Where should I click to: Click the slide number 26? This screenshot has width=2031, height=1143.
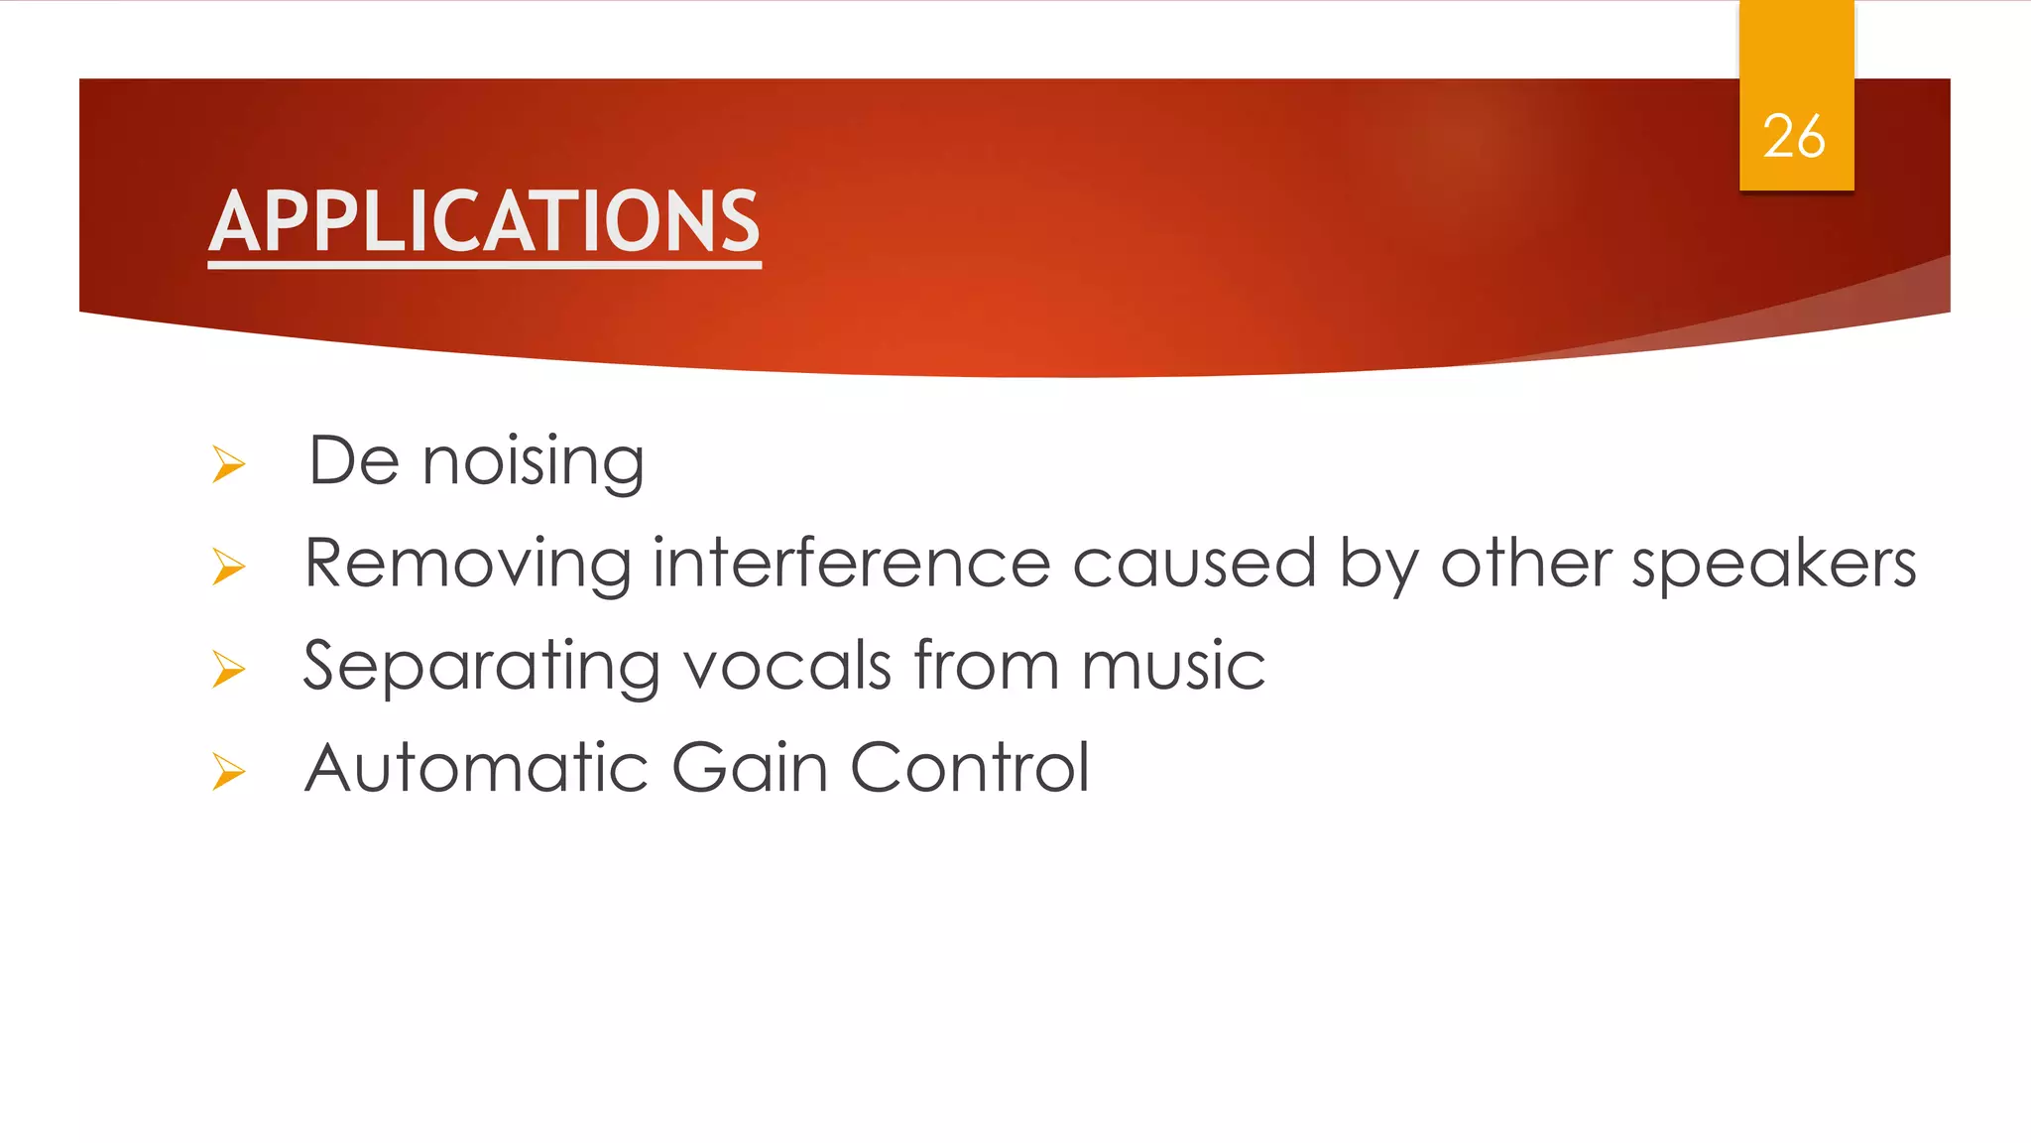(1793, 137)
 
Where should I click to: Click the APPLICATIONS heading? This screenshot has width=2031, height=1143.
(484, 222)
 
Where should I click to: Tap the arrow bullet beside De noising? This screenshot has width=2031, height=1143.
(228, 464)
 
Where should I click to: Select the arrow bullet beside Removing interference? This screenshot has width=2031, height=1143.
(228, 567)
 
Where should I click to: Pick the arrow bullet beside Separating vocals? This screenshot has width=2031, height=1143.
(228, 669)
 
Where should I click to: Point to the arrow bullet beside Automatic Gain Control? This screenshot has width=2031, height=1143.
(228, 771)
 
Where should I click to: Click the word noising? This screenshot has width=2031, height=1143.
(533, 462)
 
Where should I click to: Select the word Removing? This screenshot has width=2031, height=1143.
(467, 565)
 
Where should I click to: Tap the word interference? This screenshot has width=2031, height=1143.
(851, 563)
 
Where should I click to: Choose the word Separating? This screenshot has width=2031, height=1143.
(481, 667)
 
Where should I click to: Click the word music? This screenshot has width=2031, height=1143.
(1173, 667)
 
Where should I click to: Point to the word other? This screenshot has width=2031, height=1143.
(1525, 563)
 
